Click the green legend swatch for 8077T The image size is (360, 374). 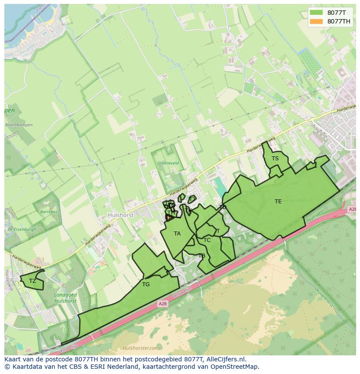[317, 13]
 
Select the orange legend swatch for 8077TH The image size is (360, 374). [317, 21]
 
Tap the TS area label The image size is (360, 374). [275, 159]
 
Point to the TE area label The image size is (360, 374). [278, 201]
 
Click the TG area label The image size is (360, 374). [146, 285]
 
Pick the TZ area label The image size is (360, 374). [33, 281]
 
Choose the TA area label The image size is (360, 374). [177, 234]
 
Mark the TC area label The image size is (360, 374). [207, 240]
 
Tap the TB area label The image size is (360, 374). [202, 256]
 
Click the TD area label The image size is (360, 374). [223, 207]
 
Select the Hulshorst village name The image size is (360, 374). [120, 215]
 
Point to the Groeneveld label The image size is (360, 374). [168, 163]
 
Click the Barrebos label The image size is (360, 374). [48, 212]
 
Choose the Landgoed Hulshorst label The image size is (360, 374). [65, 298]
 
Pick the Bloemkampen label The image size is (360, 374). [19, 125]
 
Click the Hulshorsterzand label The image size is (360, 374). [141, 348]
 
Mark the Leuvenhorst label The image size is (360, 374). [332, 295]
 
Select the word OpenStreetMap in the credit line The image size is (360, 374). [237, 367]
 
